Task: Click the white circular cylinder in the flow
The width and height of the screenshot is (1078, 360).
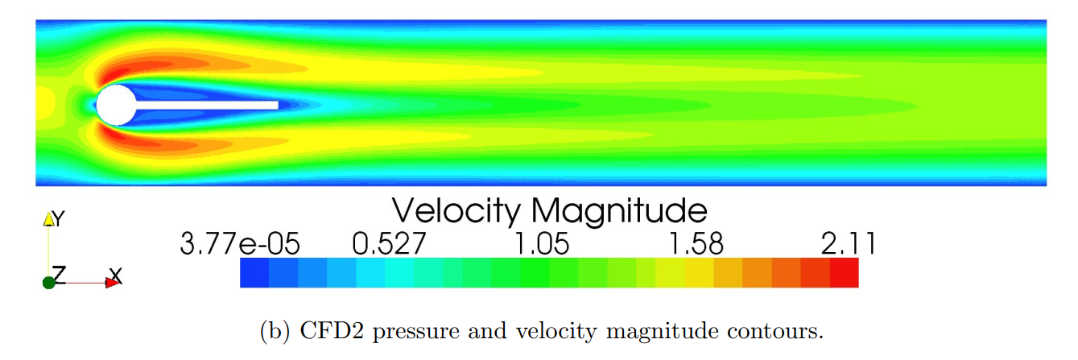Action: (116, 105)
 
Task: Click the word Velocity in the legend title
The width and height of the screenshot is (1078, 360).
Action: (456, 211)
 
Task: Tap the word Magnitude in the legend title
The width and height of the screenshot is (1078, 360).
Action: (618, 211)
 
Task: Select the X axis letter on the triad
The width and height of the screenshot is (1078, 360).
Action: (116, 275)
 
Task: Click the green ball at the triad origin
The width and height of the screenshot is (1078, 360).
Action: (49, 282)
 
